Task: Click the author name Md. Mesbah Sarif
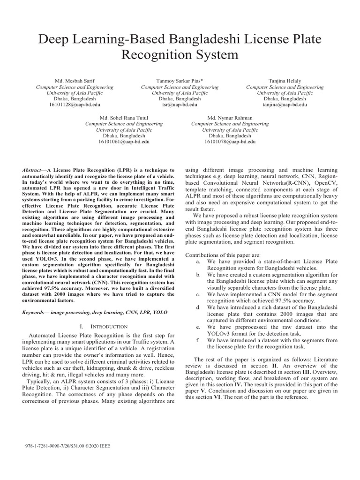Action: (x=75, y=81)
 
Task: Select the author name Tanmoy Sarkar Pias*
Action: (x=180, y=81)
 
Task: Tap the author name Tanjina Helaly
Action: (x=285, y=81)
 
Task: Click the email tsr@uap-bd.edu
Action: (x=180, y=105)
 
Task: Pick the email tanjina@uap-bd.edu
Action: (x=285, y=105)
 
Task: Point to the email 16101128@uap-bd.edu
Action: (x=75, y=105)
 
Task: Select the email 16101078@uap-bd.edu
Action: (x=230, y=141)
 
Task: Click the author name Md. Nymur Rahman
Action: (x=230, y=118)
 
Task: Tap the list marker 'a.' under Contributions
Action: (x=199, y=261)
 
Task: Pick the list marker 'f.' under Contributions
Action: (x=199, y=340)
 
